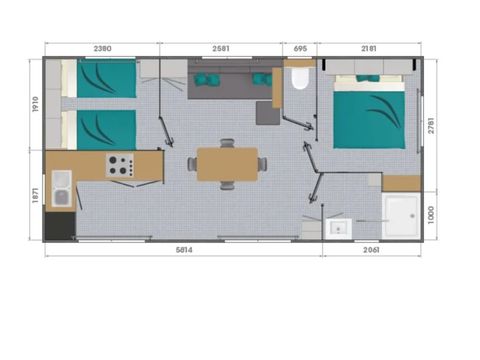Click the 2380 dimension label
102,49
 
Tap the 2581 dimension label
221,49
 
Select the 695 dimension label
300,49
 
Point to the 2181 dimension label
369,49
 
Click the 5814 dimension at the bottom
184,250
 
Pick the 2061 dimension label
371,250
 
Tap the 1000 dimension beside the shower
431,215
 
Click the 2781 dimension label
431,125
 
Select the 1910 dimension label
36,104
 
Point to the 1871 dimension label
36,195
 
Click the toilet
300,79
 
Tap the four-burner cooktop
120,165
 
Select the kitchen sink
62,189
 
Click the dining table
227,164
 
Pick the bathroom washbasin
339,229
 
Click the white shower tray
401,215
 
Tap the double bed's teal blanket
369,120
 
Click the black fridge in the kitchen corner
60,226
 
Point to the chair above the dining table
227,143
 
